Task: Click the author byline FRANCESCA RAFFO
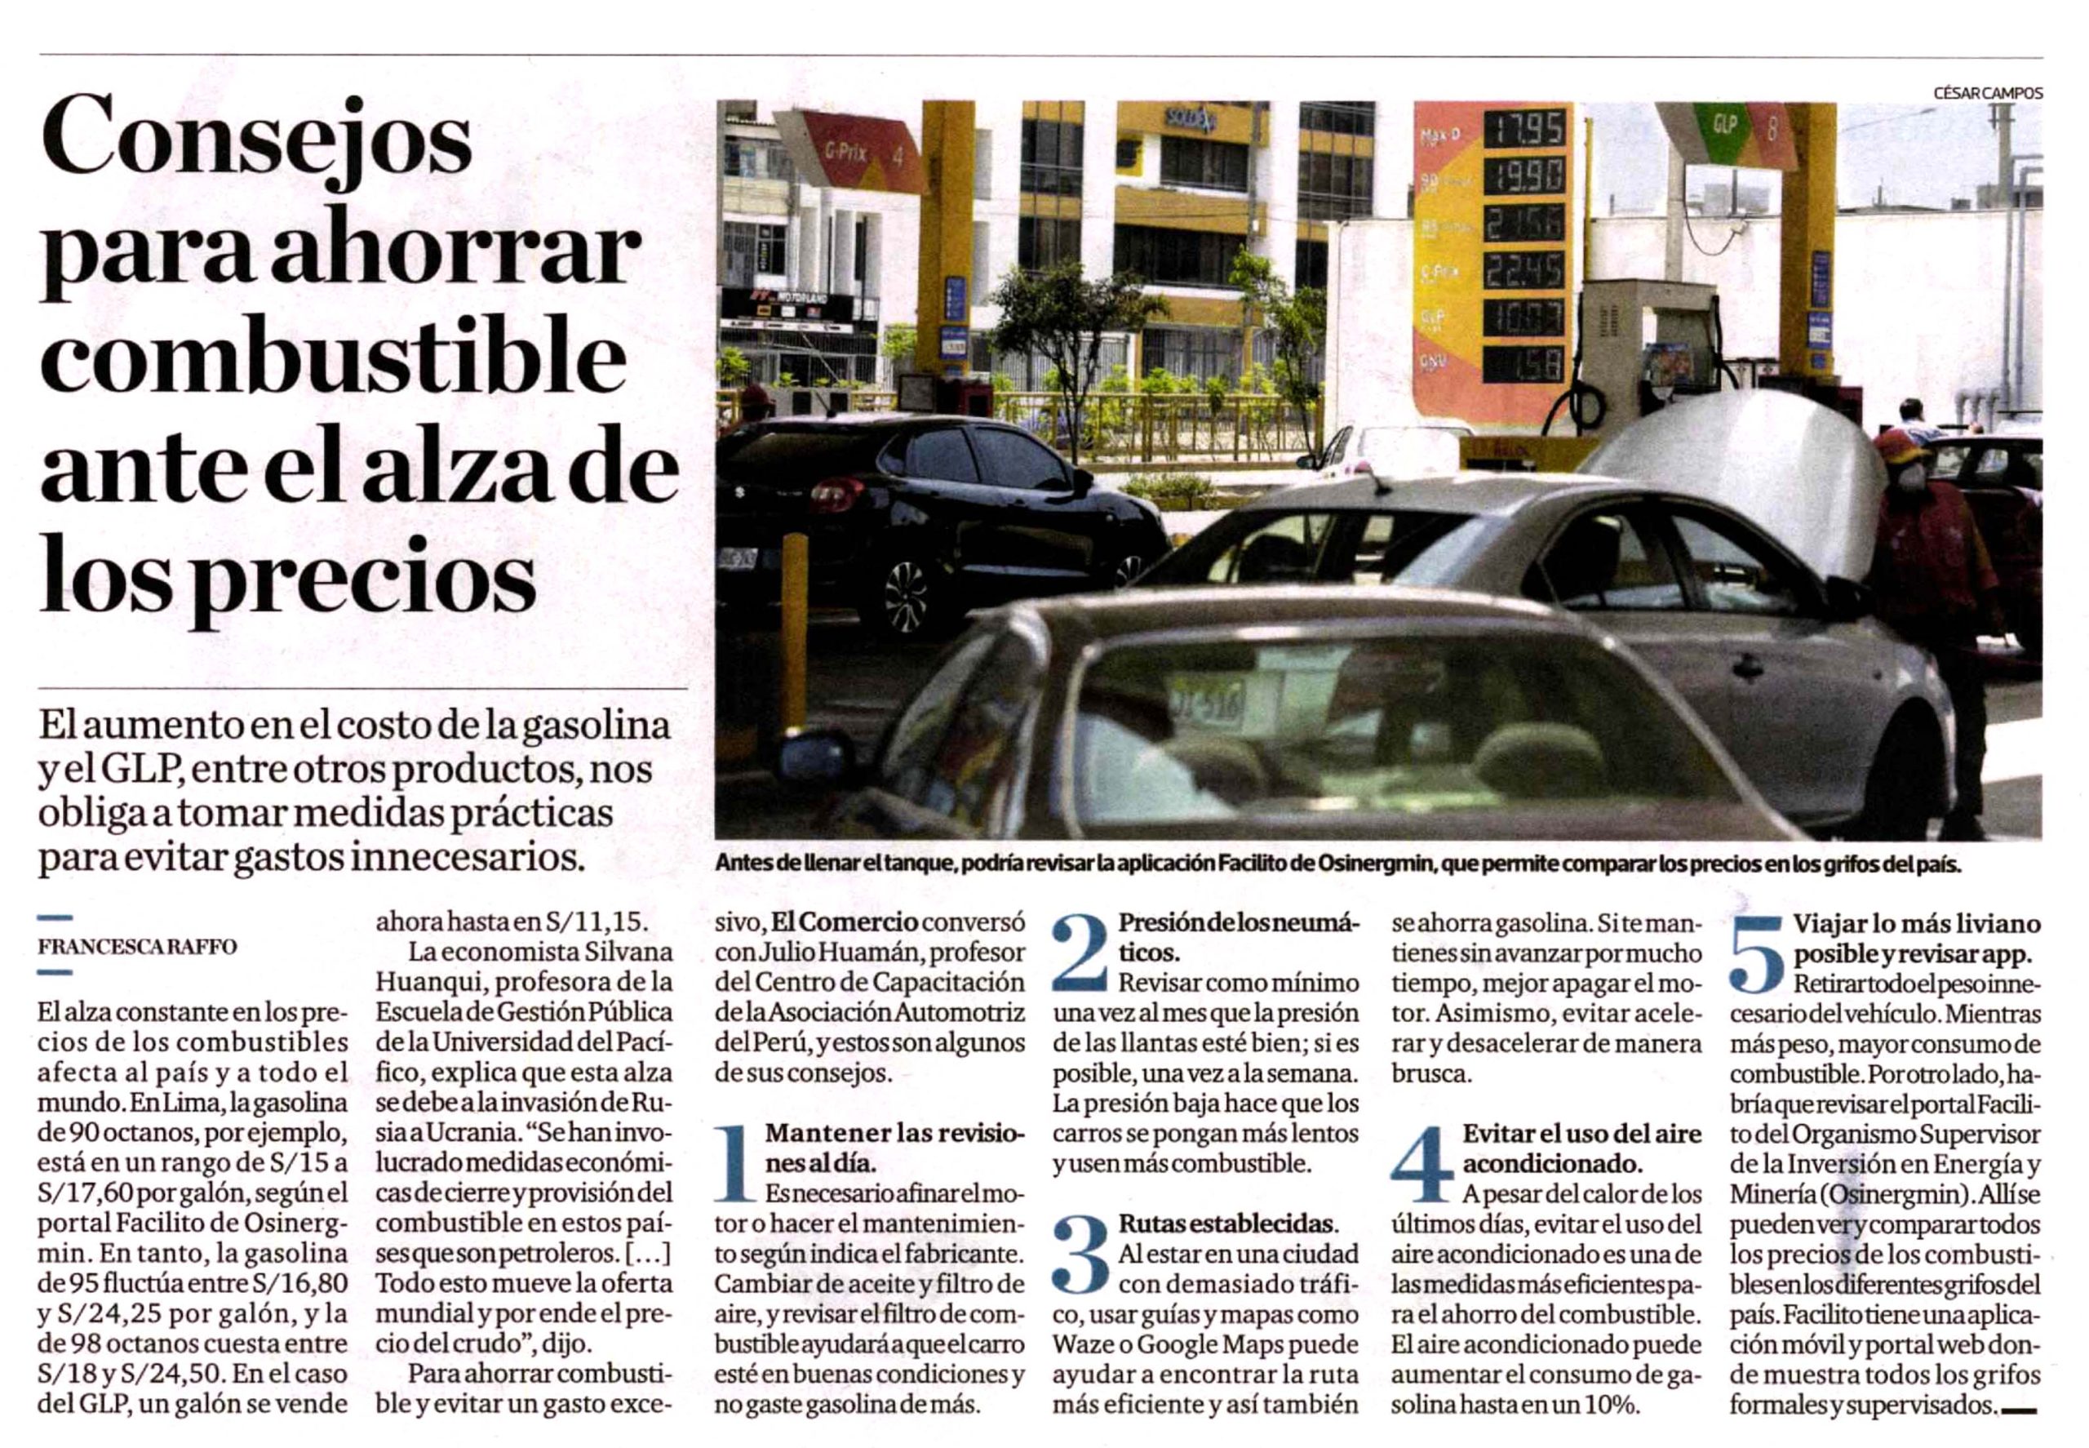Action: [137, 946]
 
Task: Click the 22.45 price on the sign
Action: [1525, 269]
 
